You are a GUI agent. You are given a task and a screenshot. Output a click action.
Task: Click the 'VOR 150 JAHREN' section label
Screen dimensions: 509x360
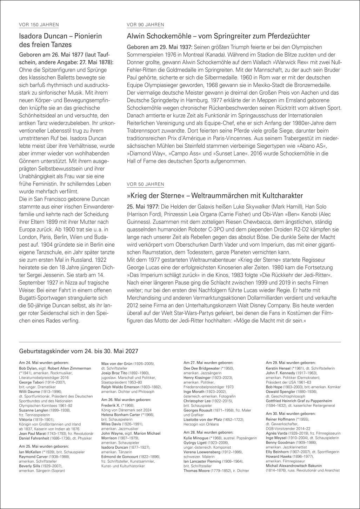click(39, 25)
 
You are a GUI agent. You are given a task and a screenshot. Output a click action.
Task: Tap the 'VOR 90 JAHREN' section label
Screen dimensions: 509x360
click(145, 25)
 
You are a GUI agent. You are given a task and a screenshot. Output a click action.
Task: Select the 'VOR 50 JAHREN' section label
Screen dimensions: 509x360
click(145, 184)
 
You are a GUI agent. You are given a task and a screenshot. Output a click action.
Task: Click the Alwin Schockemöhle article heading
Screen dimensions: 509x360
click(218, 36)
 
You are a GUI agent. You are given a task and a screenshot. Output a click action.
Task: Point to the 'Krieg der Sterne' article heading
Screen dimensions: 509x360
click(215, 195)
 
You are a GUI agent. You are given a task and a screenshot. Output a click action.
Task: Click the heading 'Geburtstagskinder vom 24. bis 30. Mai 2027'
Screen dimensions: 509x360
click(79, 350)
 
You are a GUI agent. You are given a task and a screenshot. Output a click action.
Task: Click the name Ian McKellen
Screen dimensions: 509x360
click(30, 452)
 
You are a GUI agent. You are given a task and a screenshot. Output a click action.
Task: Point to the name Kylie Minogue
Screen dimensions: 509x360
click(196, 437)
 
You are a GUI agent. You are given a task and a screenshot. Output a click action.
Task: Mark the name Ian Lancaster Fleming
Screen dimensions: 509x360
click(202, 461)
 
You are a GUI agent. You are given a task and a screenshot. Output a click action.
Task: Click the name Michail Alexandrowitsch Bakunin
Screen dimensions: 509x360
click(294, 466)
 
